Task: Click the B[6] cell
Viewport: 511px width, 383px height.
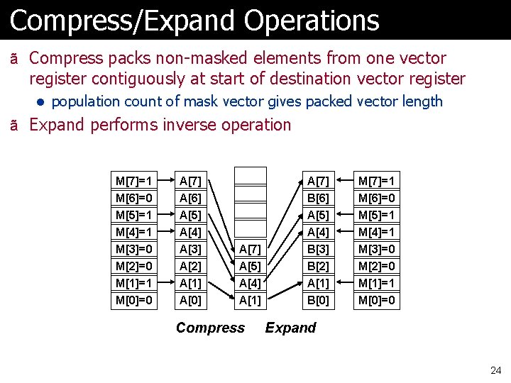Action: coord(317,198)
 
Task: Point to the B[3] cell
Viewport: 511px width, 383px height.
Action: coord(317,249)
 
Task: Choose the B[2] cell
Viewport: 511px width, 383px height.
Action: coord(317,266)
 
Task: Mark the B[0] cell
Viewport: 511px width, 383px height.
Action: coord(317,300)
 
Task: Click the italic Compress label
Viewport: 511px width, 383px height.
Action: coord(210,328)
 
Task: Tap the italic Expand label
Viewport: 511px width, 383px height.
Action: coord(290,328)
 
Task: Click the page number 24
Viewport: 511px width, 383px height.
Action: coord(495,370)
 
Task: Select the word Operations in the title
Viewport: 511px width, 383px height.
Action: coord(312,21)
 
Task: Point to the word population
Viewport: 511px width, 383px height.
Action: coord(89,101)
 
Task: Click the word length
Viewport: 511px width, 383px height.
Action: coord(422,101)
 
